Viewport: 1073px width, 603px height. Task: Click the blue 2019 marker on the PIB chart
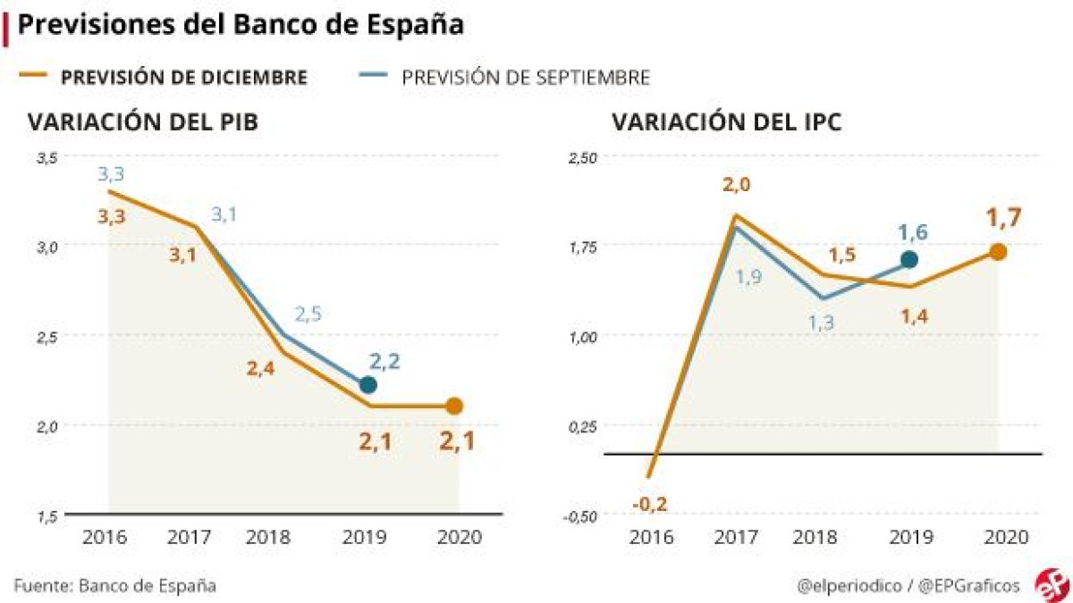click(368, 385)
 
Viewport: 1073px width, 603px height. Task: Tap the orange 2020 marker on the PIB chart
click(454, 406)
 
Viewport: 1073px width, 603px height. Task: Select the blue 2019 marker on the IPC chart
click(909, 259)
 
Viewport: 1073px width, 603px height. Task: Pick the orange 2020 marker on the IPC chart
click(998, 252)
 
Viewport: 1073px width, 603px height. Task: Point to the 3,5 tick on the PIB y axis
click(46, 157)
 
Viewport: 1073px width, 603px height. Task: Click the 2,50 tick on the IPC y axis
click(580, 157)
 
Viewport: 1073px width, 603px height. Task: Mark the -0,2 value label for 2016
click(649, 503)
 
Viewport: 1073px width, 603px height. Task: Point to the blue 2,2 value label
click(384, 361)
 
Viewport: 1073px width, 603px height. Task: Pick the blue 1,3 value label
click(821, 324)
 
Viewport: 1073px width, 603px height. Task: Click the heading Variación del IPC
click(726, 121)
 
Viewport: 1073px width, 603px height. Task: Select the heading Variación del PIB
click(143, 121)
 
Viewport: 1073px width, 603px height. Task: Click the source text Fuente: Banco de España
click(114, 586)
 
